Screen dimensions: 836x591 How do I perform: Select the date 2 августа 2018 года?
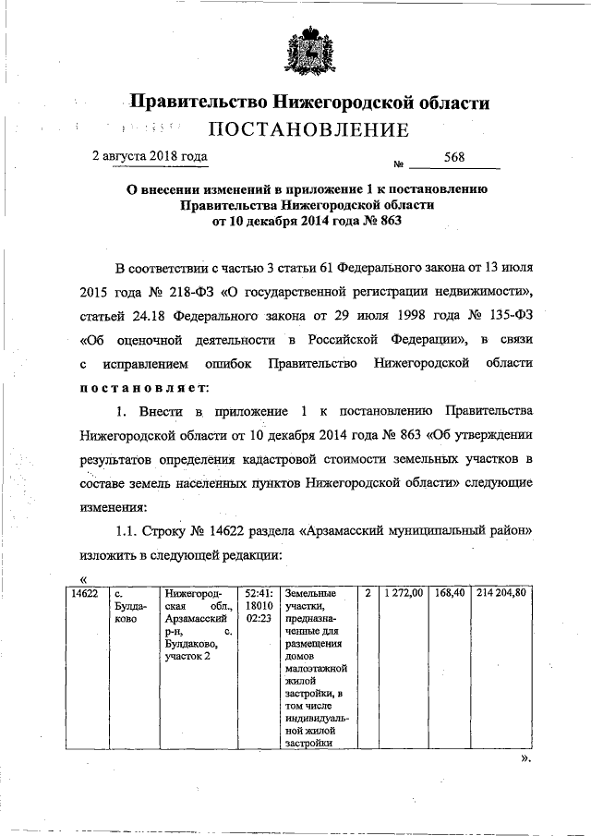tap(150, 156)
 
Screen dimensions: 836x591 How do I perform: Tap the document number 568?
tap(453, 158)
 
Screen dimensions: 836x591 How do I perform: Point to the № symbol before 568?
tap(400, 165)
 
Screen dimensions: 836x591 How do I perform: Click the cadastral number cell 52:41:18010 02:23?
tap(259, 607)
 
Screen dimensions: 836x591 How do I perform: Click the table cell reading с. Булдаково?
tap(126, 607)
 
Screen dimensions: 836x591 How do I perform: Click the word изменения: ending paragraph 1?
tap(115, 506)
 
